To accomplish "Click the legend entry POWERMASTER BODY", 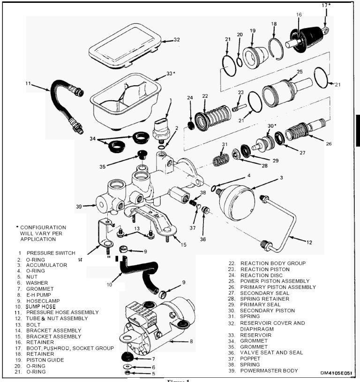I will point(269,371).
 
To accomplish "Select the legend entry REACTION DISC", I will point(262,275).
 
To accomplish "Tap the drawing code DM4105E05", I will point(338,373).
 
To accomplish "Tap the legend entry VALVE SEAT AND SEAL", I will point(271,353).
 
